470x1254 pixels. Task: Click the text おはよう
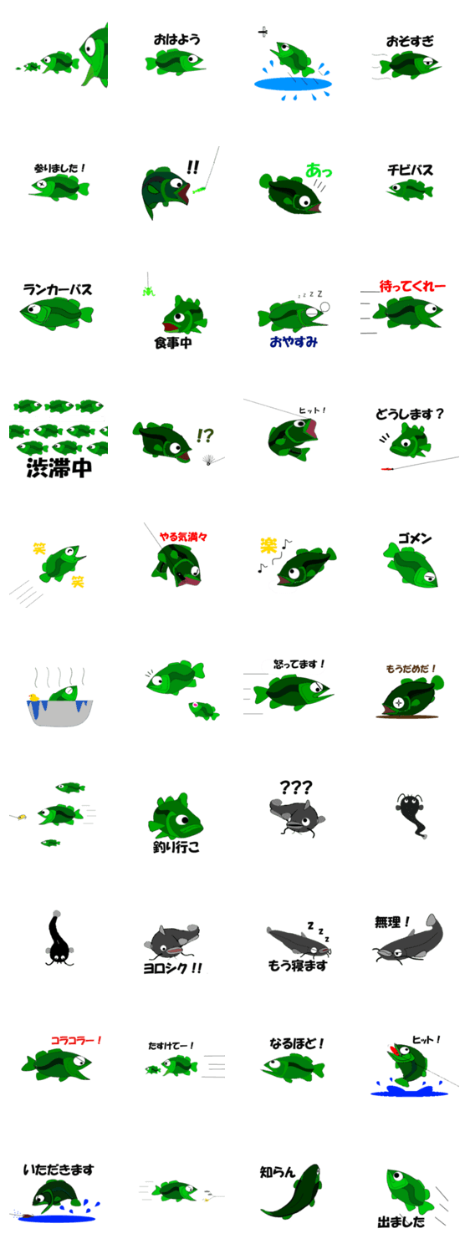pos(176,39)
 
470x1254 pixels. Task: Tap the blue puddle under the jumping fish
pos(293,84)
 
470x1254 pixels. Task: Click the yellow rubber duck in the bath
pos(33,697)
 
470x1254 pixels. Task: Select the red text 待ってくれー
pos(412,286)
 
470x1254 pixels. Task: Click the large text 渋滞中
pos(59,467)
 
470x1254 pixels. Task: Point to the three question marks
pos(296,788)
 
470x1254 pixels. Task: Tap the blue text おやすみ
pos(294,341)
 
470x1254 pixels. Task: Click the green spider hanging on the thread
pos(149,291)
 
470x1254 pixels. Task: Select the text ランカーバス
pos(57,289)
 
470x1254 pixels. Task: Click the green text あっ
pos(318,171)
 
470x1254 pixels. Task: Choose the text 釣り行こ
pos(176,846)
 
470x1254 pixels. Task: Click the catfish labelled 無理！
pos(408,940)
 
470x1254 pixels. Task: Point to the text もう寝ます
pos(297,965)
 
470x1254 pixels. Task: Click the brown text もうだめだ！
pos(411,669)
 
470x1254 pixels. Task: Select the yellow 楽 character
pos(269,545)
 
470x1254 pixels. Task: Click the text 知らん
pos(277,1172)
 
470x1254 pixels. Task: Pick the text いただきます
pos(59,1170)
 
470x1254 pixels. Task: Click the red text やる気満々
pos(183,537)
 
